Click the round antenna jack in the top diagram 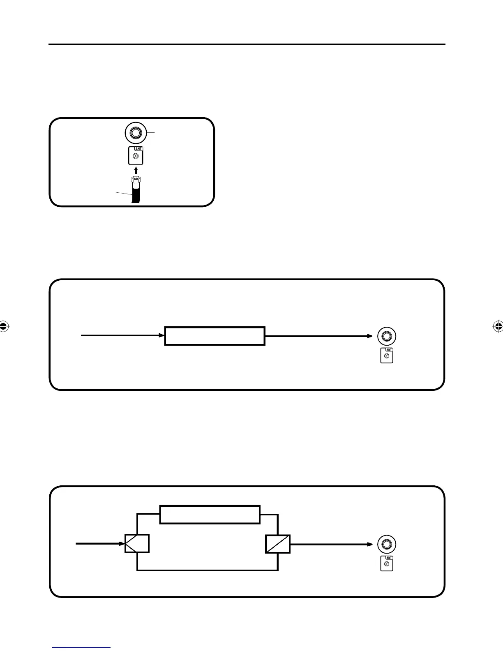pos(136,133)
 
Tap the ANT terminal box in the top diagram pos(136,156)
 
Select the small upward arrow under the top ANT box pos(136,170)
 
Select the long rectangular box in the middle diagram pos(215,336)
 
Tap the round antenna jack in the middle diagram pos(387,336)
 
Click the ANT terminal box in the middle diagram pos(387,356)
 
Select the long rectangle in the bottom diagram pos(210,515)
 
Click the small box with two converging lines pos(137,544)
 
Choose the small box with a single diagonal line pos(278,544)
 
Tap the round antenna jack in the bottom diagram pos(387,544)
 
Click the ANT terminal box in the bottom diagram pos(387,563)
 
